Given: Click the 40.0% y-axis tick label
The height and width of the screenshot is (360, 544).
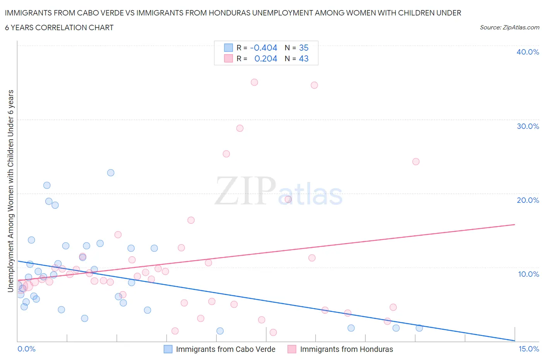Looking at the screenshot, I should [x=527, y=52].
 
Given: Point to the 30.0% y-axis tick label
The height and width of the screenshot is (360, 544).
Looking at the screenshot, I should [x=527, y=126].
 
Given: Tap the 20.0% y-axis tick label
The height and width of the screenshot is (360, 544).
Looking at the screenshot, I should [x=527, y=200].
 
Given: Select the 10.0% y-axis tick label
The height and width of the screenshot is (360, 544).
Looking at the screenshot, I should [x=528, y=274].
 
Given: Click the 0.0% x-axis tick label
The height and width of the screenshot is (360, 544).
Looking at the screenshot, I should [x=26, y=349].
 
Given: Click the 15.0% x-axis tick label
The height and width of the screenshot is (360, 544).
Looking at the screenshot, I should [x=529, y=349].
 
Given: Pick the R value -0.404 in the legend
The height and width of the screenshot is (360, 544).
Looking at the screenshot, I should [x=263, y=48].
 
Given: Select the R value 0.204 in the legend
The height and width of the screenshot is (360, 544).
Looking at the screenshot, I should [x=265, y=58].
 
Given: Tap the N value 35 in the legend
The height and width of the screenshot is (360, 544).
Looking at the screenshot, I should [x=304, y=48].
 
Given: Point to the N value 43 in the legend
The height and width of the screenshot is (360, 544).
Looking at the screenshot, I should [x=304, y=58].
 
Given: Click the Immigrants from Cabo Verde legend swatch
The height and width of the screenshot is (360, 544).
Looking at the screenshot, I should [x=168, y=349].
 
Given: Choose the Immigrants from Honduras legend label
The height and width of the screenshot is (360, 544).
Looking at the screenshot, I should [x=346, y=349].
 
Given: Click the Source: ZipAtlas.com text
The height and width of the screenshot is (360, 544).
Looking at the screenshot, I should [x=509, y=27].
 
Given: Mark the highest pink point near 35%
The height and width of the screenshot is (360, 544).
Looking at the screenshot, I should [x=254, y=82].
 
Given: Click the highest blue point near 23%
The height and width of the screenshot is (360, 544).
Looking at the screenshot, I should [x=111, y=173].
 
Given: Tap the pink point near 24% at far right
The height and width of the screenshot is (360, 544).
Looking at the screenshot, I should [x=416, y=161].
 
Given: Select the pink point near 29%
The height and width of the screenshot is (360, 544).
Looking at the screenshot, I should [x=240, y=128].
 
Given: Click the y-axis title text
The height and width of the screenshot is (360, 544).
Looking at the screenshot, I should [x=10, y=191].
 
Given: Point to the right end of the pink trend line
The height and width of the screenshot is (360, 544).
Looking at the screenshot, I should [x=515, y=225].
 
